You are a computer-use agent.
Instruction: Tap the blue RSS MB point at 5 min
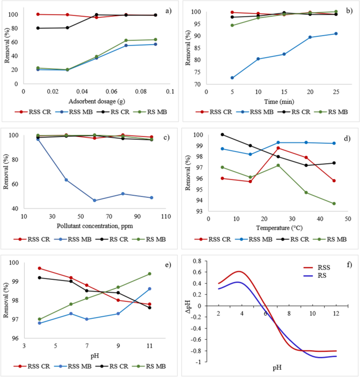click(232, 78)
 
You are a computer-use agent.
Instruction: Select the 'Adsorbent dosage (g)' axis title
click(96, 101)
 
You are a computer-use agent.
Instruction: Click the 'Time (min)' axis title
click(272, 101)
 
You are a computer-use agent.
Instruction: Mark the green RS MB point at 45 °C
click(334, 204)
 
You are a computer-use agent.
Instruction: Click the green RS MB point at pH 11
click(150, 274)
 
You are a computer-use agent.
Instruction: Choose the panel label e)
click(167, 264)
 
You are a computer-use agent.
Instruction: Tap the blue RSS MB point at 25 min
click(336, 34)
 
